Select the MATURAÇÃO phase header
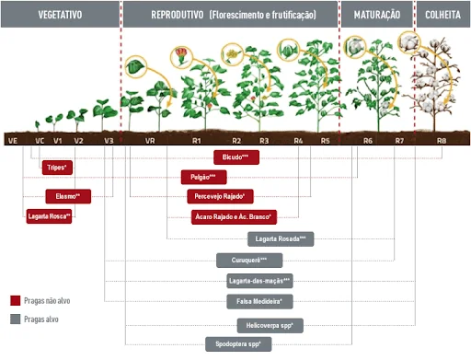tap(375, 15)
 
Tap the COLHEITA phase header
tap(442, 15)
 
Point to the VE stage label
tap(13, 141)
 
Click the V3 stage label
tap(109, 141)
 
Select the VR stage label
tap(149, 141)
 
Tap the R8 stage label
tap(442, 141)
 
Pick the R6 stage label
tap(368, 141)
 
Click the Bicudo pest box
tap(237, 157)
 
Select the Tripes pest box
tap(57, 168)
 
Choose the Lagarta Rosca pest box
tap(50, 215)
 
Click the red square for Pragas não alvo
tap(15, 300)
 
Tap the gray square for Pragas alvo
tap(15, 319)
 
